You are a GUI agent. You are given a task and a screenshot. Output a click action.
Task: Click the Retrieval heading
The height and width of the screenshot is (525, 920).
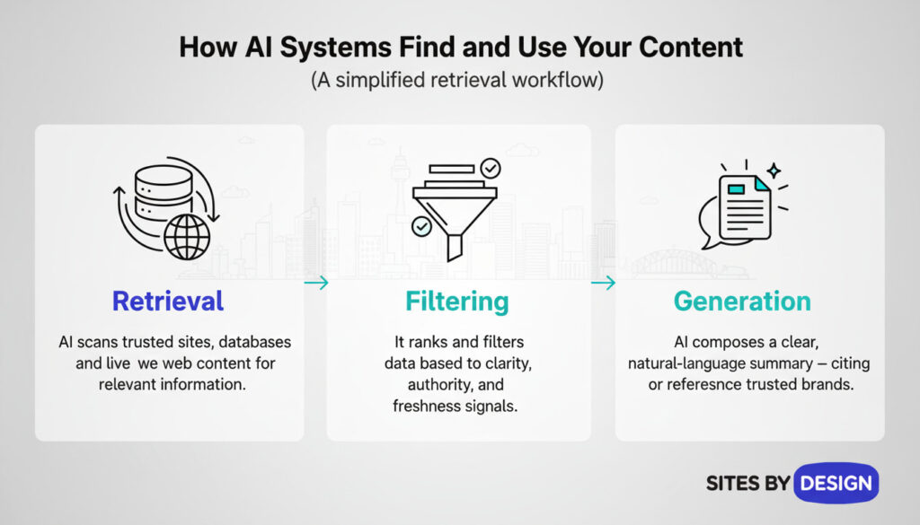168,301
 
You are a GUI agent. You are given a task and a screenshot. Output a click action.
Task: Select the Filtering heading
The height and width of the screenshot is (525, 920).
456,301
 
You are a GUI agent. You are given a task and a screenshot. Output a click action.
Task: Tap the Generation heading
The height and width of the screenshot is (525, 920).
742,301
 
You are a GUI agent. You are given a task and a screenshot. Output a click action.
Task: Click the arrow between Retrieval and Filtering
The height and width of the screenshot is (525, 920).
315,284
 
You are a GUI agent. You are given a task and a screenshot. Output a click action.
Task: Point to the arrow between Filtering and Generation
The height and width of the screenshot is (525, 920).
603,284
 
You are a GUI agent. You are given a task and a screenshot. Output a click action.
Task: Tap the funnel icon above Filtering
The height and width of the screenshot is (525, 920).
454,211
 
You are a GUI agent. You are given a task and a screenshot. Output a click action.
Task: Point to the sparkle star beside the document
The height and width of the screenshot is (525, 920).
773,170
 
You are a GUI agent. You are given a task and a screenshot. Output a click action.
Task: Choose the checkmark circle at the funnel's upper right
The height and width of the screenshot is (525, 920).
491,168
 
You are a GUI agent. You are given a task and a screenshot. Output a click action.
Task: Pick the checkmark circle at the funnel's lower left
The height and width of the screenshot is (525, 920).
420,226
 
